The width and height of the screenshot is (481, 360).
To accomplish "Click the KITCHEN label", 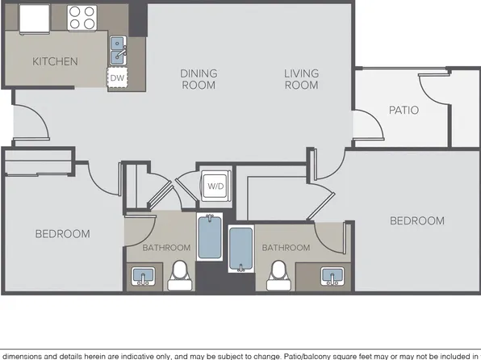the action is (x=55, y=61).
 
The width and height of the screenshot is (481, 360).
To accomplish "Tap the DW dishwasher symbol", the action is (x=117, y=77).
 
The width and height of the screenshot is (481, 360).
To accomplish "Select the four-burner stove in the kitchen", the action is (x=82, y=18).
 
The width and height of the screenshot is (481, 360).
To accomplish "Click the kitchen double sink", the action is (x=118, y=51).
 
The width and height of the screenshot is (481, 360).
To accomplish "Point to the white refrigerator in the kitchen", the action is (x=35, y=19).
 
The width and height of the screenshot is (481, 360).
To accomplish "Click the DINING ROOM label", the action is (x=199, y=79).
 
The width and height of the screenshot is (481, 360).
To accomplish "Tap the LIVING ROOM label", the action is (x=302, y=79).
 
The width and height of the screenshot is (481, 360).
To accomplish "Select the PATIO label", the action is (x=404, y=110).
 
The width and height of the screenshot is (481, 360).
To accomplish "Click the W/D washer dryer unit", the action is (x=215, y=186).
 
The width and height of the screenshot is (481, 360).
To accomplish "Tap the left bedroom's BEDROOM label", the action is (x=63, y=234).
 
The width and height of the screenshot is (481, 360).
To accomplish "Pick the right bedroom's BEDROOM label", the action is (x=417, y=220).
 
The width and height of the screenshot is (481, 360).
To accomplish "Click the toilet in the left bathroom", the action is (x=181, y=275).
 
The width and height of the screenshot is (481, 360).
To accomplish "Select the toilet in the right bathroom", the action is (x=278, y=275).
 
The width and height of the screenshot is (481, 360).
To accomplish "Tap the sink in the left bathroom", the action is (x=144, y=276).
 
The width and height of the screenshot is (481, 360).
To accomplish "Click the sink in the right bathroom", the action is (x=333, y=276).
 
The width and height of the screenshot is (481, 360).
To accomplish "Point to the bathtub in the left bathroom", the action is (x=210, y=237).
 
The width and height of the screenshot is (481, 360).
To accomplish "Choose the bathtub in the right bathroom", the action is (x=241, y=249).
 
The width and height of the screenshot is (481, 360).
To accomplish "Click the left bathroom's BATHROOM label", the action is (x=166, y=247).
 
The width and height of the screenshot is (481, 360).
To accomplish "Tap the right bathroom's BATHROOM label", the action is (x=286, y=247).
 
